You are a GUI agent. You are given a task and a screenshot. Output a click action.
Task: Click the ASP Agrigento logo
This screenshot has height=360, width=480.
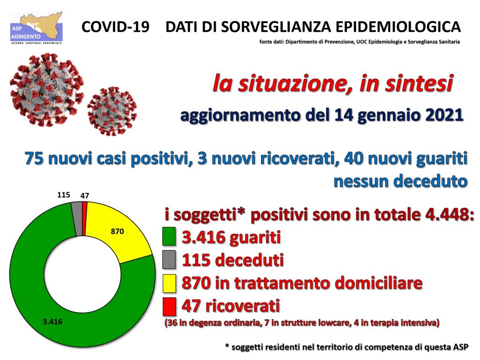coord(37,28)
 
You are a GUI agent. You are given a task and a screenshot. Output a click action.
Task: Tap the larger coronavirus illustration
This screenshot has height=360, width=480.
coord(47,90)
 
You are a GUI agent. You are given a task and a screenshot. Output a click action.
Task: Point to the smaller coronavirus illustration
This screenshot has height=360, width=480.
coord(112,111)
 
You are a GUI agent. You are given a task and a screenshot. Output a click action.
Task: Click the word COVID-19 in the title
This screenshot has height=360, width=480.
coord(115,27)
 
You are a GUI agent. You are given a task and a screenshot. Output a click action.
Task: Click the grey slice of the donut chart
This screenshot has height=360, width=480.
coord(77,218)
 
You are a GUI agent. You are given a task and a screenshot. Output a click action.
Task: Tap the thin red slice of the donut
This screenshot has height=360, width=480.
coord(85,218)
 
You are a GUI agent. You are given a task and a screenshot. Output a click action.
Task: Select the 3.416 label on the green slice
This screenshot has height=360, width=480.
coord(52,322)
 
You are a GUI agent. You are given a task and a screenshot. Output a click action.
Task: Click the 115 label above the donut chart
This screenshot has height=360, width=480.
coord(64,195)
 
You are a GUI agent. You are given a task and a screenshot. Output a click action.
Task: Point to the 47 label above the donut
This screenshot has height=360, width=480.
coord(85,195)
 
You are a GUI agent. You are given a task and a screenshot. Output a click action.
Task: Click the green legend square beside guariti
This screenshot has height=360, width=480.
coord(169,236)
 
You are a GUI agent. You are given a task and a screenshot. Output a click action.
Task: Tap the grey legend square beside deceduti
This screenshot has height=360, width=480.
coord(169,259)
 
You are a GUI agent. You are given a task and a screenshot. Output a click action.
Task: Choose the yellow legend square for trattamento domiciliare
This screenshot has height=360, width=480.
coord(169,284)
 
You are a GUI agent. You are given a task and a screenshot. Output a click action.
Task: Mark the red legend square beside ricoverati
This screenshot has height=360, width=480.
coord(169,307)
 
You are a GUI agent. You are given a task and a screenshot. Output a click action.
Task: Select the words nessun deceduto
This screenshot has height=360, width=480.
coord(400,181)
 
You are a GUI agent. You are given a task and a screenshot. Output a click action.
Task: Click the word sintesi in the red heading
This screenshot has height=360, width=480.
coord(419,83)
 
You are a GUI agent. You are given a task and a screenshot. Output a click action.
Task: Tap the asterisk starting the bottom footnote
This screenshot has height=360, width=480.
coord(227,346)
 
